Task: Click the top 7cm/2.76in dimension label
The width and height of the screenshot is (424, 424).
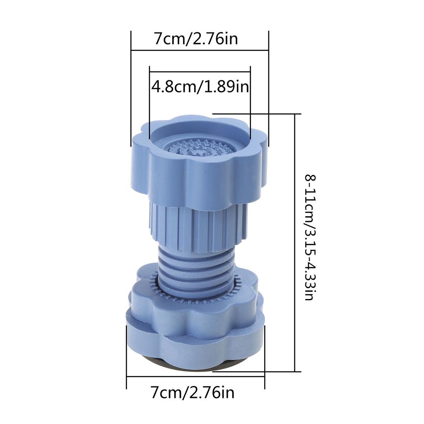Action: click(x=196, y=39)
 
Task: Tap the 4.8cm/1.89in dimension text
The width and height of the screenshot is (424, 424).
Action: click(x=200, y=87)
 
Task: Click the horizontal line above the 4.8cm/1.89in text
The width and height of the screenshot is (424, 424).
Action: click(x=200, y=72)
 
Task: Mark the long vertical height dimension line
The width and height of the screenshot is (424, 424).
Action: click(x=295, y=242)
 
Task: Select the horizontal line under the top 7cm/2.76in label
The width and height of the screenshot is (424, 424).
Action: click(x=200, y=51)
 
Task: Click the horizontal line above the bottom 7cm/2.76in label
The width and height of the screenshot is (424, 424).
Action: click(x=195, y=376)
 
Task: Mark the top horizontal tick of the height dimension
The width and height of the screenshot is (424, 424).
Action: click(x=257, y=113)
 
